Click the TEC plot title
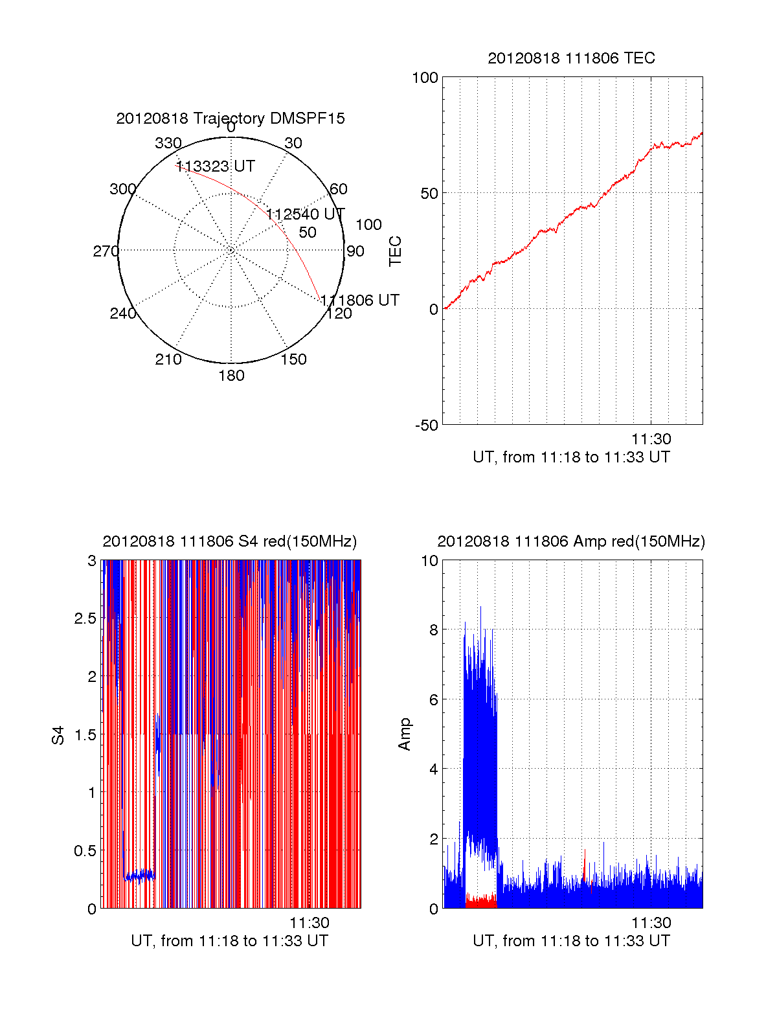coord(571,58)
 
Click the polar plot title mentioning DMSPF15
coord(231,119)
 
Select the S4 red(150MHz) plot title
coord(230,541)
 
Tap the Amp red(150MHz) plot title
coord(571,541)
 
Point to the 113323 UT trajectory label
coord(216,166)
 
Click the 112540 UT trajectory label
coord(305,214)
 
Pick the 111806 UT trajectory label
coord(360,300)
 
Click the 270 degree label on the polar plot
coord(106,251)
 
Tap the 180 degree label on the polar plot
coord(231,376)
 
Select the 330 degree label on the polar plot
coord(168,143)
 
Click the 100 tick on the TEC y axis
coord(425,78)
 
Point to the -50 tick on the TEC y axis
coord(427,425)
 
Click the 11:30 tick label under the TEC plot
coord(651,439)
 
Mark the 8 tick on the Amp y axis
coord(434,630)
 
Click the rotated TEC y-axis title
coord(395,251)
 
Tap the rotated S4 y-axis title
coord(58,735)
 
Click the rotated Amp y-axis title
coord(405,734)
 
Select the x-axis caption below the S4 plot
coord(230,941)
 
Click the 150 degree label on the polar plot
coord(293,359)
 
